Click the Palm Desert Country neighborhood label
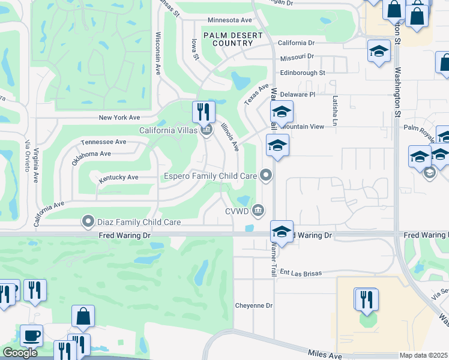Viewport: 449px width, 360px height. pyautogui.click(x=233, y=39)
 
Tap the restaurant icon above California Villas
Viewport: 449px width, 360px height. pyautogui.click(x=203, y=112)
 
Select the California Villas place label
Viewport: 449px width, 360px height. pyautogui.click(x=167, y=130)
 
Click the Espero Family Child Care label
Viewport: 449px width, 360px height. pyautogui.click(x=211, y=176)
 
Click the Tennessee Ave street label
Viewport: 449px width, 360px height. pyautogui.click(x=103, y=142)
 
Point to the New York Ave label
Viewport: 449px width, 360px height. pyautogui.click(x=119, y=118)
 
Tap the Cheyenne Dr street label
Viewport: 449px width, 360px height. pyautogui.click(x=253, y=305)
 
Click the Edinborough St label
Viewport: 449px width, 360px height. pyautogui.click(x=302, y=73)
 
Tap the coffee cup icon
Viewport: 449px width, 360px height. pyautogui.click(x=31, y=335)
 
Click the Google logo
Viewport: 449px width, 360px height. pyautogui.click(x=19, y=353)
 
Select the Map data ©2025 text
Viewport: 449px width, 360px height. pyautogui.click(x=423, y=355)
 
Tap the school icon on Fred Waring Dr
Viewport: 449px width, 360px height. pyautogui.click(x=281, y=231)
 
